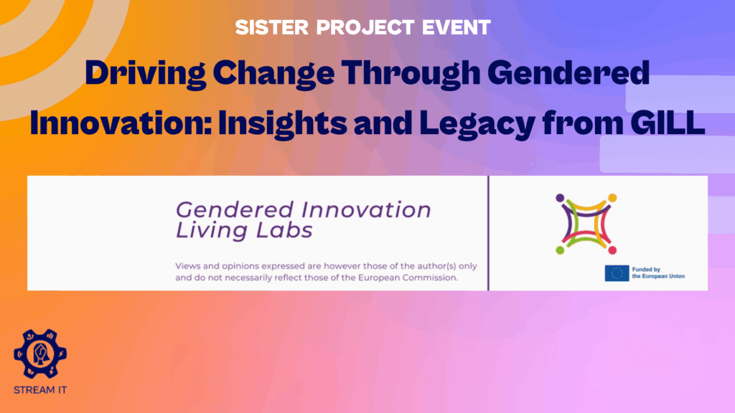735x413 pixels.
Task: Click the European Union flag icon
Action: coord(617,273)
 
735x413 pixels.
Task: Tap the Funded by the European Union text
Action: coord(658,273)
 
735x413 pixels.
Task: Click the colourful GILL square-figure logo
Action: coord(586,223)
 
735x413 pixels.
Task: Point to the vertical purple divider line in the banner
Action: coord(488,233)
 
